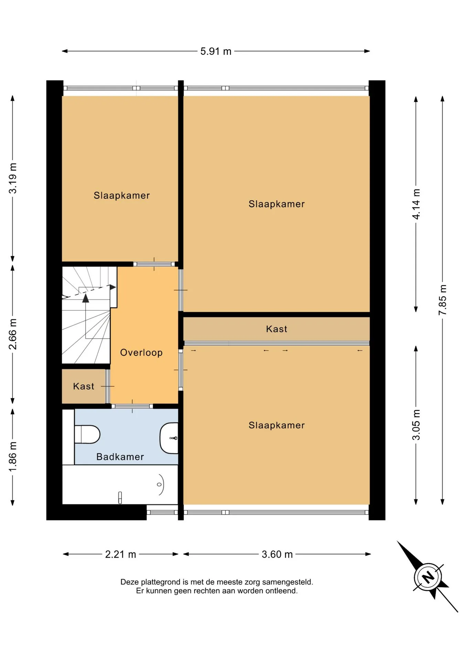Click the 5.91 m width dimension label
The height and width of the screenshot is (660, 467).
click(x=216, y=51)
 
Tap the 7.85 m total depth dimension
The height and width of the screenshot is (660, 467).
click(x=443, y=300)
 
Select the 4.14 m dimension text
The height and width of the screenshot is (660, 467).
click(x=416, y=204)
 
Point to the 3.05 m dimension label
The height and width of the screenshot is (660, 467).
click(x=416, y=425)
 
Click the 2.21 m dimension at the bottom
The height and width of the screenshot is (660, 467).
click(x=120, y=554)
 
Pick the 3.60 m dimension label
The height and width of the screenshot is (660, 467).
click(x=277, y=554)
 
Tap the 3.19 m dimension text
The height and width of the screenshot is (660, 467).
click(x=13, y=178)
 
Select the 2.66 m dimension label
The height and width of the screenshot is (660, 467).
click(x=13, y=334)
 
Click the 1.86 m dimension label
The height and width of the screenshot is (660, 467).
click(x=13, y=457)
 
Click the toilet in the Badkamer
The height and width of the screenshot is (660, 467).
click(x=87, y=434)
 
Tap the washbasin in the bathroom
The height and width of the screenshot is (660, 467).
click(x=169, y=438)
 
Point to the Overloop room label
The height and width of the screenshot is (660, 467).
click(x=141, y=352)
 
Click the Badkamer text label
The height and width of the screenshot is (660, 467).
click(x=120, y=457)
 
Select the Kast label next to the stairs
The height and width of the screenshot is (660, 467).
click(x=84, y=386)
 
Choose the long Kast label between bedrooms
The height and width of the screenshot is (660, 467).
click(x=276, y=329)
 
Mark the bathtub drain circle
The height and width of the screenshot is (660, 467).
click(x=159, y=484)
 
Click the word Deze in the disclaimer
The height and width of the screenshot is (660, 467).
click(x=129, y=582)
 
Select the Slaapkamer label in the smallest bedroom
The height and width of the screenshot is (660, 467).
click(x=122, y=196)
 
